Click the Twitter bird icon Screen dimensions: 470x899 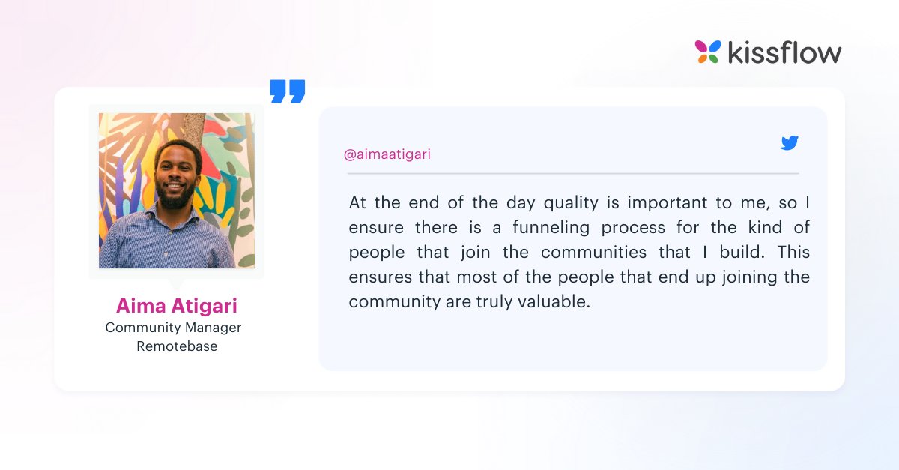coord(790,143)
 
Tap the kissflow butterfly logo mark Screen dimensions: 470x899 coord(707,52)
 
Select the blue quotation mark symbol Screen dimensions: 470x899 coord(288,91)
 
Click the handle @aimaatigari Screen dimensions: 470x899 coord(387,154)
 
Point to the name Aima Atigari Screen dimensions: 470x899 coord(176,306)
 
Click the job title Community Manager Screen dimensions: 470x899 coord(173,328)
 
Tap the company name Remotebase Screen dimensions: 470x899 coord(177,346)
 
